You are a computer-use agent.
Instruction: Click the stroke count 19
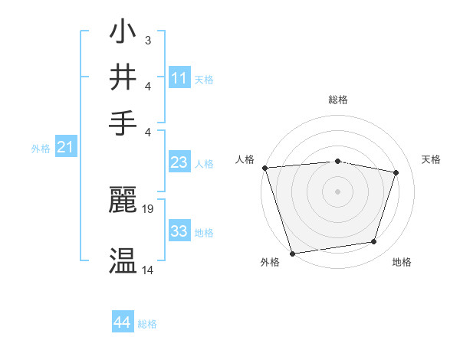[148, 208]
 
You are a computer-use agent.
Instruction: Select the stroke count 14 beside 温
[148, 270]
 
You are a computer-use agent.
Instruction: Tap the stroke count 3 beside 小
[148, 40]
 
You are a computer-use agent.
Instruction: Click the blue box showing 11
[179, 78]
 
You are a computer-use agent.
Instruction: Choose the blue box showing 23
[179, 162]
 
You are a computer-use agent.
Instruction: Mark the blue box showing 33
[179, 231]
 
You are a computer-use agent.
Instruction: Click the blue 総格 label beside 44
[147, 324]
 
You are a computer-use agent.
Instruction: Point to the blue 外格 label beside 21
[41, 149]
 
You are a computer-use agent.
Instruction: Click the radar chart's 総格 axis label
[337, 100]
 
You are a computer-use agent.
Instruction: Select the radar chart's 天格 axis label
[431, 159]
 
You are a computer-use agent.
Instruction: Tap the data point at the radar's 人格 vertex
[264, 168]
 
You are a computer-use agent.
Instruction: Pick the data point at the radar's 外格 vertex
[292, 253]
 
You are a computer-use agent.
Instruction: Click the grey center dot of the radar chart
[337, 191]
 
